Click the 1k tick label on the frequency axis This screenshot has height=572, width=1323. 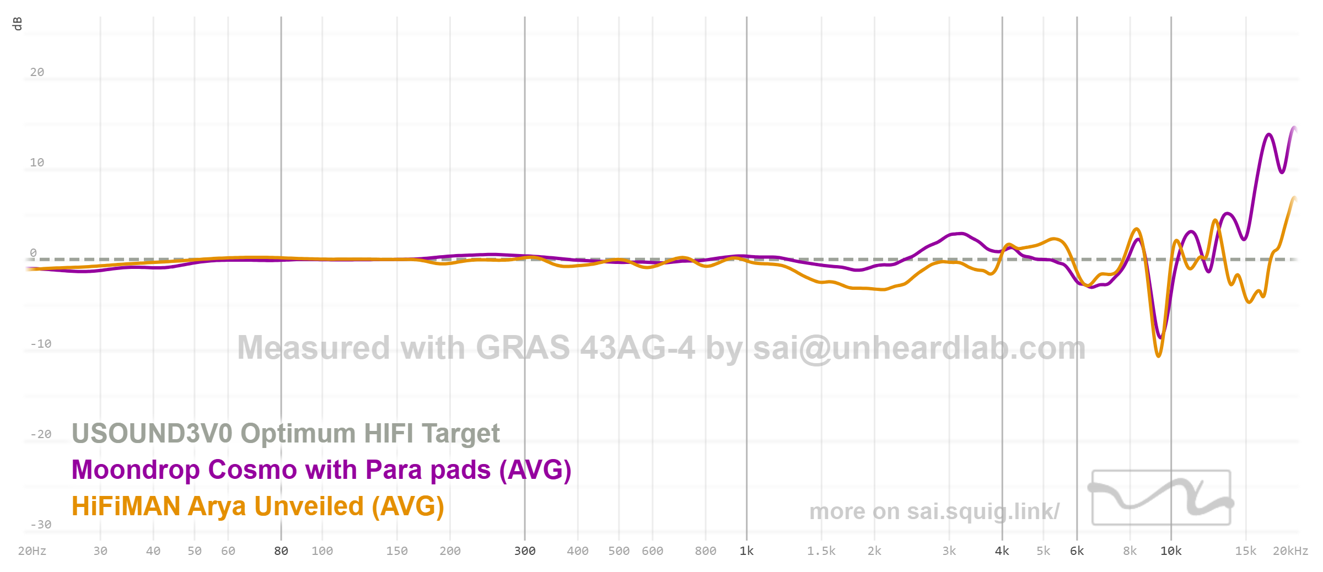tap(746, 551)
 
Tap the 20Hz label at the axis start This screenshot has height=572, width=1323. tap(32, 551)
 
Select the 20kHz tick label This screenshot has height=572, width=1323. tap(1290, 551)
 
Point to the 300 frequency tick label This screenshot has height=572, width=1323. tap(525, 551)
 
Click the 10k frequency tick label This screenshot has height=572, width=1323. tap(1171, 551)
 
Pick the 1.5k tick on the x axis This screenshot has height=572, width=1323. tap(821, 551)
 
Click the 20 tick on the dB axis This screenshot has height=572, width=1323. tap(37, 72)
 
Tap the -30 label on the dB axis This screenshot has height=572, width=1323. tap(40, 524)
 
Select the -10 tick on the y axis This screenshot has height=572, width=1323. tap(40, 344)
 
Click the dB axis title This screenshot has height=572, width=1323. tap(17, 24)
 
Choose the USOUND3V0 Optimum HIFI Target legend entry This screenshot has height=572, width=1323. tap(286, 433)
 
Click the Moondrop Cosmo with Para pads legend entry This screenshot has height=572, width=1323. tap(321, 470)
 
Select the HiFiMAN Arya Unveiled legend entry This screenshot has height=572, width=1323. tap(257, 506)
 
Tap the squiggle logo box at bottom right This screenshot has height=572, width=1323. tap(1161, 498)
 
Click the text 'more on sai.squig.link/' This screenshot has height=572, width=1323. tap(934, 511)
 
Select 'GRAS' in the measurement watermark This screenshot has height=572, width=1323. tap(523, 348)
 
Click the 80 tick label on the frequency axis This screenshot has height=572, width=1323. tap(281, 551)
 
